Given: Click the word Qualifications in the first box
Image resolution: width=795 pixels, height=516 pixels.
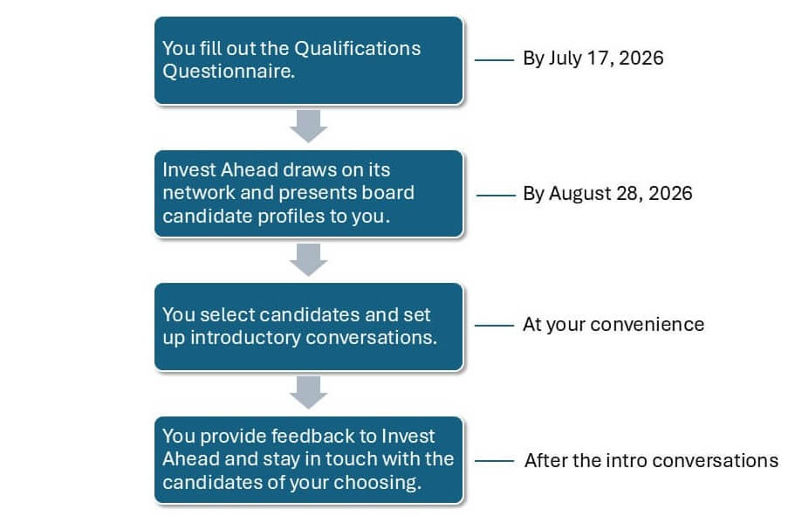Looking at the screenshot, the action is coord(358,48).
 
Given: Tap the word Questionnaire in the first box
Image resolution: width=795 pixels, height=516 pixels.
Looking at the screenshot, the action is coord(229,71).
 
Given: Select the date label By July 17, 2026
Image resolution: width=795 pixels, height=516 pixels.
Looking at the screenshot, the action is coord(593,58).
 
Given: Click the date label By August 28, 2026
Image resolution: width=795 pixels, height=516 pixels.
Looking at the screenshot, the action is coord(607,194).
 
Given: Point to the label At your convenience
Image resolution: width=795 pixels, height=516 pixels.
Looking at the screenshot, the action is coord(613,325).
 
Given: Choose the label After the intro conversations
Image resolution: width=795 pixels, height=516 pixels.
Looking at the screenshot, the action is coord(651,461).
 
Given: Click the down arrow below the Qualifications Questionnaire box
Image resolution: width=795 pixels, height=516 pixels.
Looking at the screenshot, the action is coord(308,126).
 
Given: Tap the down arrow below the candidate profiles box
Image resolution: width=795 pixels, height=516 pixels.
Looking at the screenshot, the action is coord(308,260).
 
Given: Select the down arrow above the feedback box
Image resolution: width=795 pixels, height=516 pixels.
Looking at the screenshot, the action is coord(308,393).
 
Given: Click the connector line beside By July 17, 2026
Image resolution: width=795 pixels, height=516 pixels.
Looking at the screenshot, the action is coord(494,60).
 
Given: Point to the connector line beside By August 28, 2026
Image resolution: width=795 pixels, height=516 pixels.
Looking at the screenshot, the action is coord(496,195).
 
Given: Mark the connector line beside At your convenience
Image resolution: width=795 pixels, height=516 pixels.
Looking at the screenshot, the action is coord(494,325).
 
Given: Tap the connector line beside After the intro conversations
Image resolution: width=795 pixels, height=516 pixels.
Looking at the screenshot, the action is coord(494,461).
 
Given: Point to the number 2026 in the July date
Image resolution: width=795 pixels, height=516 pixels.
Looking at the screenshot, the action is coord(641,58).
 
